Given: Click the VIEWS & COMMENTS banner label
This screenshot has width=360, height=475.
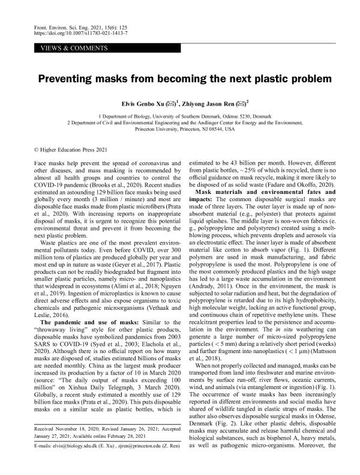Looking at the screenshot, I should [66, 47].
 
